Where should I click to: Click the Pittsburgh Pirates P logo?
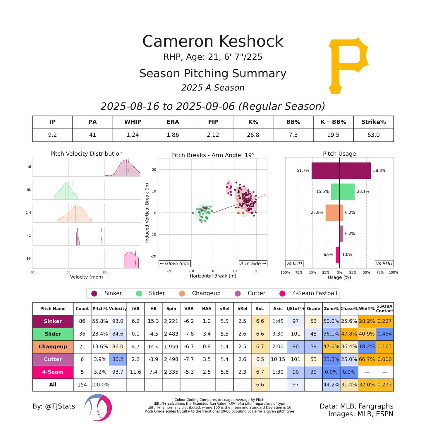click(x=348, y=65)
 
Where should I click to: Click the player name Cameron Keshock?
click(x=213, y=41)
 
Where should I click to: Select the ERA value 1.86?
click(x=173, y=135)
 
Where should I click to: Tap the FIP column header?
click(x=213, y=122)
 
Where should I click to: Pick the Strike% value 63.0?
click(x=373, y=135)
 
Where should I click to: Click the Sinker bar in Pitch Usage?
click(x=341, y=171)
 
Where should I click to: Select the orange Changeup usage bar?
click(x=334, y=213)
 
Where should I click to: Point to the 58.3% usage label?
click(x=379, y=171)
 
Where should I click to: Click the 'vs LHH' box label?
click(x=294, y=263)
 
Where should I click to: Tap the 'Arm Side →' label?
click(x=253, y=263)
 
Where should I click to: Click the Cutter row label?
click(x=53, y=359)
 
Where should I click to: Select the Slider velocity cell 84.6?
click(x=118, y=334)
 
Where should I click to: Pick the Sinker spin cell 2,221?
click(x=171, y=321)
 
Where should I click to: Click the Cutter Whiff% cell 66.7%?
click(x=367, y=359)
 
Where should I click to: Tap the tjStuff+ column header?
click(x=296, y=309)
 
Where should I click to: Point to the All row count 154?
click(x=82, y=385)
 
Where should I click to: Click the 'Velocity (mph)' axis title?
click(x=86, y=277)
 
